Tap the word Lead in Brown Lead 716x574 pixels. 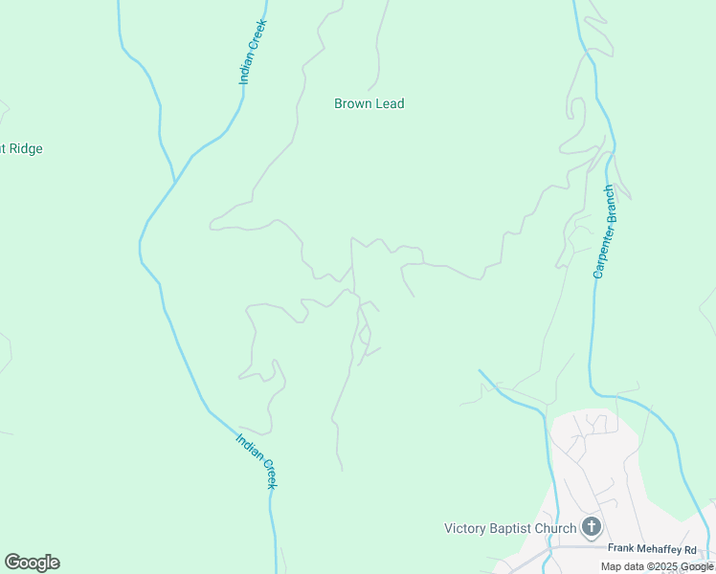389,103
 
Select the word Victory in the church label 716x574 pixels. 465,528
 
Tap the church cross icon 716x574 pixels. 592,526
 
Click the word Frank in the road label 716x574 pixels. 623,548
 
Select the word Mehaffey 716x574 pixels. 667,548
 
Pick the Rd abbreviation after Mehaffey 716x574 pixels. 705,548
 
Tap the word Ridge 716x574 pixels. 24,148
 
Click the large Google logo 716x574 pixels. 32,563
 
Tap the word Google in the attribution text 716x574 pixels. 698,566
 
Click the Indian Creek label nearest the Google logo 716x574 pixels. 257,461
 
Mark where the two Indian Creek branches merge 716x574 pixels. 174,182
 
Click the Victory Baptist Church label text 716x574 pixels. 510,528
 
